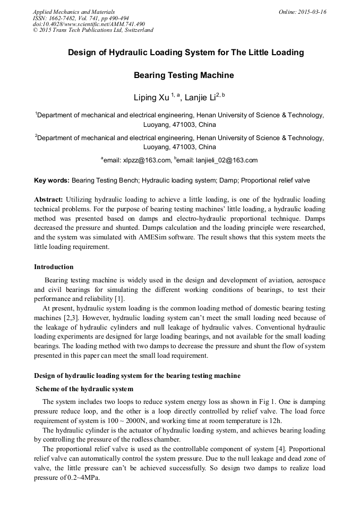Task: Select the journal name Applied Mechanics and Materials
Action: [74, 11]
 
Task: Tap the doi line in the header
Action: [89, 24]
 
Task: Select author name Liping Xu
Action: [152, 98]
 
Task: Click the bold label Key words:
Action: [52, 180]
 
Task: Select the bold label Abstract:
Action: [49, 200]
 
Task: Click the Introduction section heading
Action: [54, 266]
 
